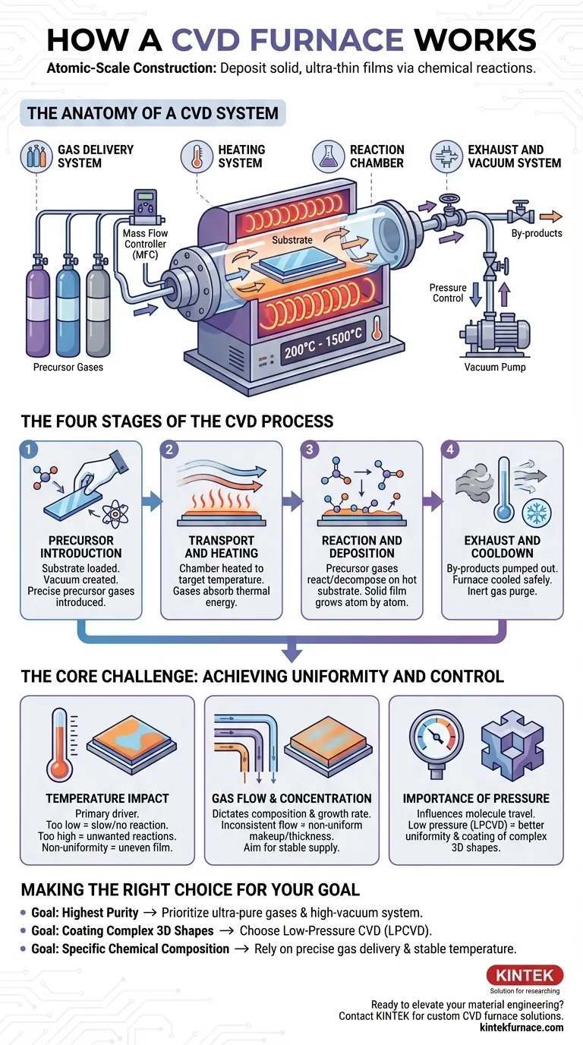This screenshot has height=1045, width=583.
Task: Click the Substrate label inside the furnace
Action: (292, 240)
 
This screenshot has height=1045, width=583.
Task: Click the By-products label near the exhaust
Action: (537, 233)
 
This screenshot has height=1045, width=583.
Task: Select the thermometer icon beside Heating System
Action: (197, 156)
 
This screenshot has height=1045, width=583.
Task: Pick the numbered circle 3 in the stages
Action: (309, 450)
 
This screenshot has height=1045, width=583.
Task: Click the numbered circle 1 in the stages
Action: (28, 450)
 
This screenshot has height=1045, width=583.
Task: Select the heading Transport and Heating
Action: (222, 546)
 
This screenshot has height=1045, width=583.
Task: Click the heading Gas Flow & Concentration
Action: (291, 798)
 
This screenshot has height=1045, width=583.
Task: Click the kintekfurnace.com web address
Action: (522, 1027)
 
